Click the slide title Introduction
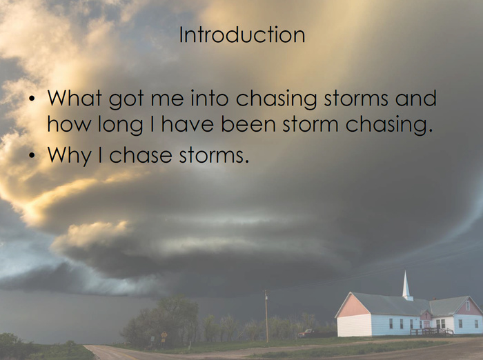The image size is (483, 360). click(x=242, y=34)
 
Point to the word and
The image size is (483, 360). click(x=416, y=98)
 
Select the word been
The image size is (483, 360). click(x=248, y=124)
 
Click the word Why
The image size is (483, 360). click(x=69, y=156)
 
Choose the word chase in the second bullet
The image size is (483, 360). click(x=141, y=154)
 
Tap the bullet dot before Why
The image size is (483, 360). click(x=32, y=156)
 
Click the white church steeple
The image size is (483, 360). click(x=406, y=286)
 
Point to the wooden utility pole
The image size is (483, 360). click(x=266, y=316)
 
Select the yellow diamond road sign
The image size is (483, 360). click(x=164, y=334)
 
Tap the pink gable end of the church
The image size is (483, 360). click(x=353, y=305)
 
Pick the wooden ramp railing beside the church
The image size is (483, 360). click(x=432, y=332)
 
